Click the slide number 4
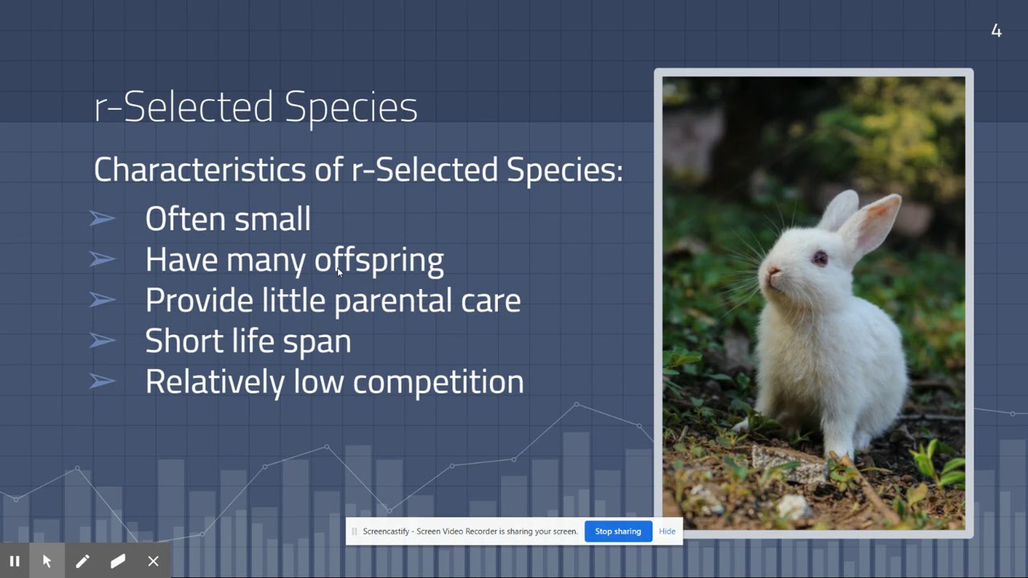click(996, 31)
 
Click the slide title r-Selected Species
click(255, 107)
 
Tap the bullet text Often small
click(227, 219)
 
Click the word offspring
click(378, 260)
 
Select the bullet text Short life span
click(247, 341)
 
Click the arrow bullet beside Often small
click(102, 218)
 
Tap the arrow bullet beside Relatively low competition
click(102, 381)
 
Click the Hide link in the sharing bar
click(667, 531)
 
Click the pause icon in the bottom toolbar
click(14, 561)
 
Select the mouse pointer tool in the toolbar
click(47, 561)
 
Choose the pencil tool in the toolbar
click(82, 561)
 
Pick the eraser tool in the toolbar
click(118, 561)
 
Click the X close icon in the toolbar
click(153, 561)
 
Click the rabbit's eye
click(819, 258)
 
